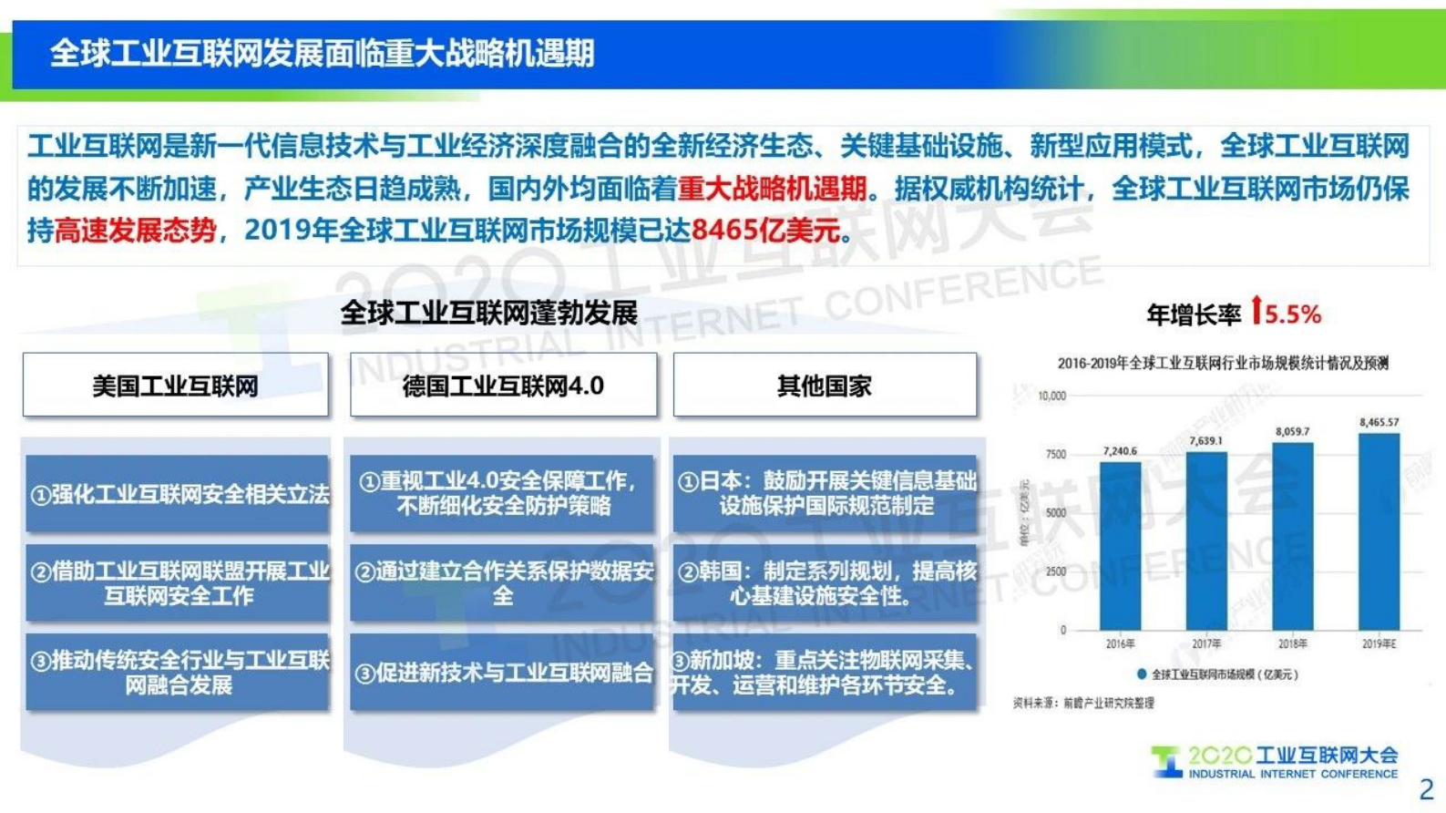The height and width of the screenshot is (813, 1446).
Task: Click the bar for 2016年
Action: click(x=1120, y=547)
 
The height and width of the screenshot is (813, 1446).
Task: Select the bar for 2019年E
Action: click(x=1379, y=532)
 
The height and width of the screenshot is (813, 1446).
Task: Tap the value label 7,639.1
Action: click(x=1205, y=441)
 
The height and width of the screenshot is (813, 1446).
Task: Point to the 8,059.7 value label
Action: click(x=1292, y=431)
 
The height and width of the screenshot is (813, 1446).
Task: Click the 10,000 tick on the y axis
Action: click(x=1051, y=396)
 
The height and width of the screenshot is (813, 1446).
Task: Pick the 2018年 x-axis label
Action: click(x=1292, y=644)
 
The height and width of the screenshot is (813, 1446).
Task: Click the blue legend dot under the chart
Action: click(x=1141, y=674)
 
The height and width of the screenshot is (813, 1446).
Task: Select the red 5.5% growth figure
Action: click(x=1293, y=315)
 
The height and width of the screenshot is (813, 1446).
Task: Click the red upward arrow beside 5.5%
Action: click(x=1256, y=311)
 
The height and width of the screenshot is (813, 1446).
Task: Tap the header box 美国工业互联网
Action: click(x=176, y=386)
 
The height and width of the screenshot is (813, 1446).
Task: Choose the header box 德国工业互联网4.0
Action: click(x=503, y=386)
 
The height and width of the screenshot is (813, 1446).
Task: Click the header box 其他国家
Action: click(x=825, y=386)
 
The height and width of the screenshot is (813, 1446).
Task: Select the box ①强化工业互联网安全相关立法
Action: click(x=179, y=494)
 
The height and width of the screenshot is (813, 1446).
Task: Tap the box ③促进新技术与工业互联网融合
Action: click(x=503, y=673)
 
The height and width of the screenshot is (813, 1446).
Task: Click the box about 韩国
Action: click(x=825, y=583)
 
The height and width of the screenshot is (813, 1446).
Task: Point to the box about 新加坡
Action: click(x=825, y=673)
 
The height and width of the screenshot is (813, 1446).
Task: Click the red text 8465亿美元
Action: click(x=765, y=231)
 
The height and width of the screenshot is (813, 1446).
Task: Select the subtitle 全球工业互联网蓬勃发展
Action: click(x=488, y=314)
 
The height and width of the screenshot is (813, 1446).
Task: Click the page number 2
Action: click(x=1426, y=789)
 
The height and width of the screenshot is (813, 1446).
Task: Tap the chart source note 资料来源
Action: click(x=1083, y=703)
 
